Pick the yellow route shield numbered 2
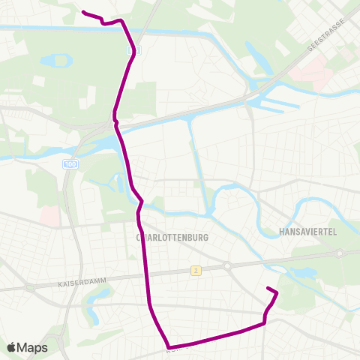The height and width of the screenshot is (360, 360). coord(195,271)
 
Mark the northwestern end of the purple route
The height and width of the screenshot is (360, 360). coord(82,12)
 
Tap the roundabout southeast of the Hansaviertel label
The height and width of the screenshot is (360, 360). coord(340,253)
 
